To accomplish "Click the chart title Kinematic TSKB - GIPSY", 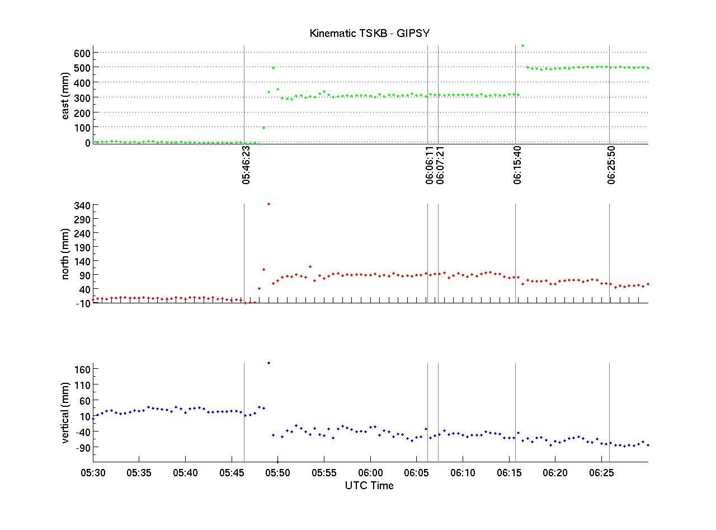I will [370, 34].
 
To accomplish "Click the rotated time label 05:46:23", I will [247, 166].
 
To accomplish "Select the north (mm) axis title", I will [66, 254].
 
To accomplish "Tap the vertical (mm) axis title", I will [66, 412].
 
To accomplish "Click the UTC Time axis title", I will [369, 486].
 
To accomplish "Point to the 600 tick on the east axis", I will [81, 53].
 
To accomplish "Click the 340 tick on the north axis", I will [81, 205].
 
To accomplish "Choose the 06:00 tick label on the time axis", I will [370, 473].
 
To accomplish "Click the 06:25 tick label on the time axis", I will [601, 473].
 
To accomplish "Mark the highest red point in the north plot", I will [268, 204].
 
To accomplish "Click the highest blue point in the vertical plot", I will [268, 363].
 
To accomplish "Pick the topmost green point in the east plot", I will [522, 46].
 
